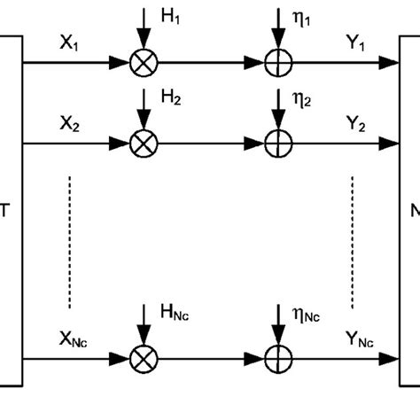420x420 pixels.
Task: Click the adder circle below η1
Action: [278, 63]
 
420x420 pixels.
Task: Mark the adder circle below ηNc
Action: [278, 360]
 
